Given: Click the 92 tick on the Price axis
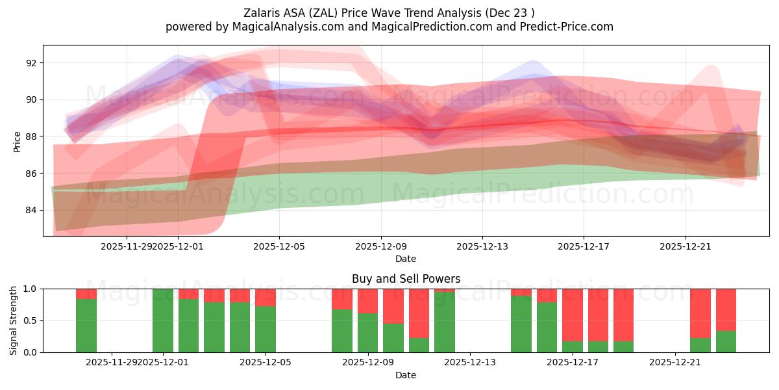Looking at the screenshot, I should (31, 63).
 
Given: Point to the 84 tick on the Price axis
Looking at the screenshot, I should (31, 211).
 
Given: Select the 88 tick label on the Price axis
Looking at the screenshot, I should (31, 136).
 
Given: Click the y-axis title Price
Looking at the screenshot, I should (17, 141).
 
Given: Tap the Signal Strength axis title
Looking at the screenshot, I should (14, 320).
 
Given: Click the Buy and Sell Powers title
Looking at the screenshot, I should (406, 279).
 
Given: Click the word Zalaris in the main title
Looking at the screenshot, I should (262, 13).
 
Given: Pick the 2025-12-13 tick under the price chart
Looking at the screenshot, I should (482, 246).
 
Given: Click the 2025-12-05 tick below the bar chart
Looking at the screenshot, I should (266, 363).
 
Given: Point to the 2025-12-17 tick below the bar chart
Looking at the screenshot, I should (573, 363).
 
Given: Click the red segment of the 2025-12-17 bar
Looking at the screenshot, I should (573, 315).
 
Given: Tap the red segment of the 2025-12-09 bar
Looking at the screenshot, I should (367, 300).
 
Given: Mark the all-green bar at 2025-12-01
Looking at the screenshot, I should (163, 320).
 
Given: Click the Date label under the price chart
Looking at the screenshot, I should (406, 259).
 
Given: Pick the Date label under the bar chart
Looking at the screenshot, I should (406, 375).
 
